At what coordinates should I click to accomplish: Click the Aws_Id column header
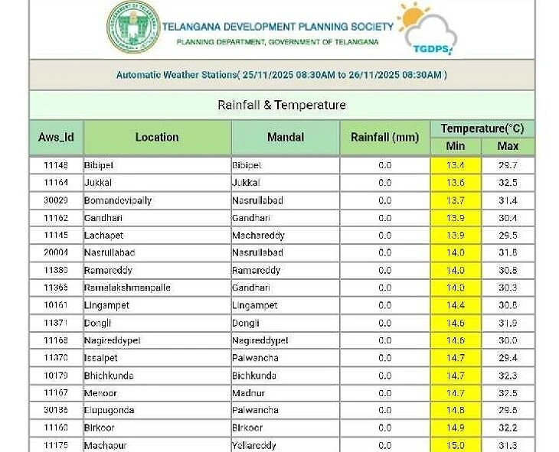pos(56,138)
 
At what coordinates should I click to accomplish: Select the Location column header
pos(157,138)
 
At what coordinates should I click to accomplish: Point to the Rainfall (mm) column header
pos(384,138)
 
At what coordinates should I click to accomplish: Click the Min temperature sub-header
pos(456,146)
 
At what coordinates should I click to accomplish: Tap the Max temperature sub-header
pos(508,146)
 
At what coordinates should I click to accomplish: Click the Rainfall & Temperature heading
pos(282,105)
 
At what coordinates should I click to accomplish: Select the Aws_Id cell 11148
pos(56,165)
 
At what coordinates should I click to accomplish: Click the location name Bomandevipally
pos(118,200)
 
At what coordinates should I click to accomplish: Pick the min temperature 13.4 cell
pos(456,165)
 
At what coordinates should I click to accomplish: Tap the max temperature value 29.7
pos(508,165)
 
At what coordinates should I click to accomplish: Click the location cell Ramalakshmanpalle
pos(127,288)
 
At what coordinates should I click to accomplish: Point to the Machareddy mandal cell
pos(258,236)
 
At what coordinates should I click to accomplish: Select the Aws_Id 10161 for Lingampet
pos(56,305)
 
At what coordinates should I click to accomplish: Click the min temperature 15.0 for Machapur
pos(456,445)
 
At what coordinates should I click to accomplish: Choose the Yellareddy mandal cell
pos(256,445)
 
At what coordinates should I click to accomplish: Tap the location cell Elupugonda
pos(110,410)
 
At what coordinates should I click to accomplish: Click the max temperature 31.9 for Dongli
pos(508,323)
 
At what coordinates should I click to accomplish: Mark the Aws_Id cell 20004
pos(56,252)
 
